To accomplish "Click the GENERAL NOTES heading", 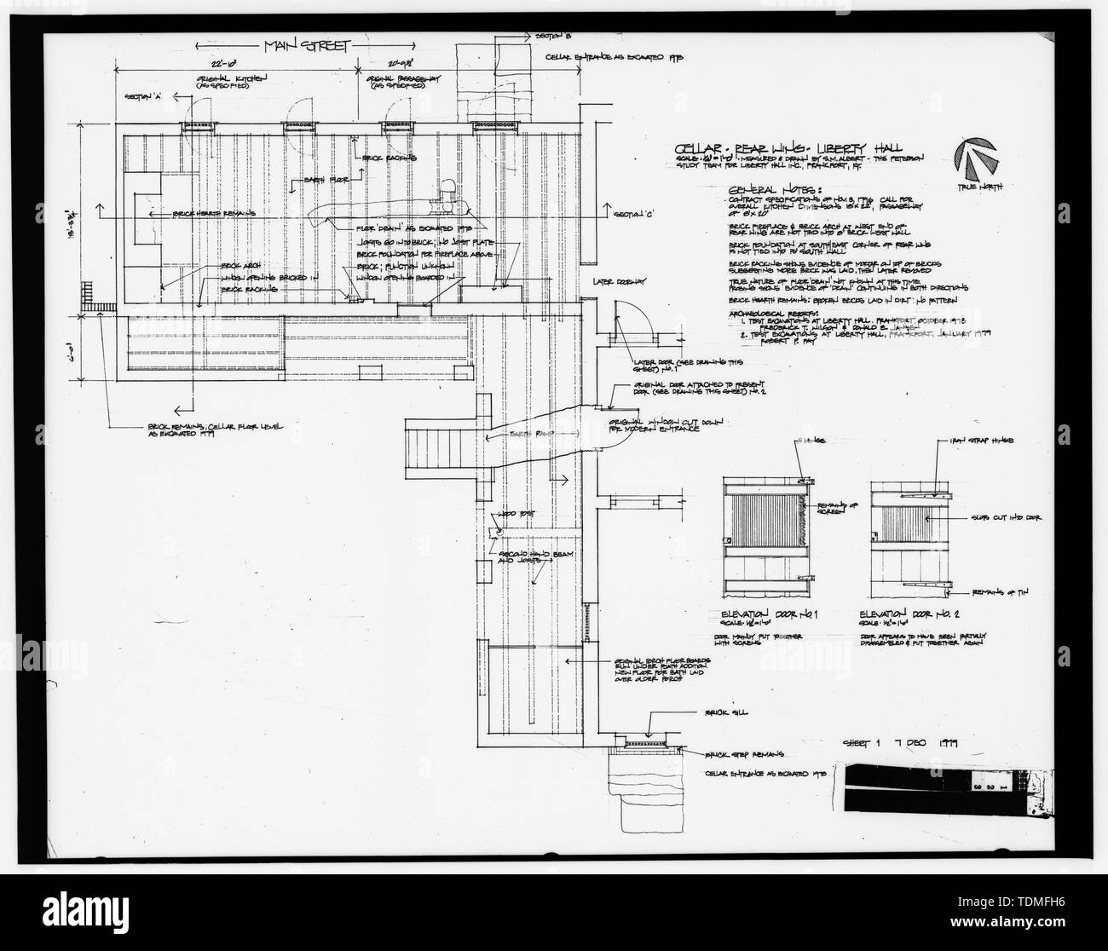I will point(770,189).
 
